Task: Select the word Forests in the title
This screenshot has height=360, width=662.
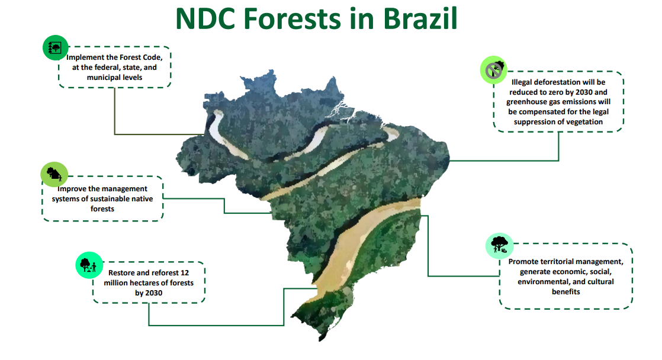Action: click(292, 19)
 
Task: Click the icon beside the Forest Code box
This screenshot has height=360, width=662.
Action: click(55, 48)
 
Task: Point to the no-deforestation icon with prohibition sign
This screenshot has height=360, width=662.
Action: click(494, 70)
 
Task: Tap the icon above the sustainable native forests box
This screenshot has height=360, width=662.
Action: click(54, 174)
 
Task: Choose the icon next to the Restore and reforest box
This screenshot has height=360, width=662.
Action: click(89, 265)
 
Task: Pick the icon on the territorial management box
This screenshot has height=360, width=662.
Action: click(499, 246)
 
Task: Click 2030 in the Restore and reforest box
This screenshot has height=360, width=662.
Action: click(155, 293)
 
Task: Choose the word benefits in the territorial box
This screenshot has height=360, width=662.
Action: click(565, 292)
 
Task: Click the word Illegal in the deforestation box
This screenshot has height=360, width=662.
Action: click(523, 82)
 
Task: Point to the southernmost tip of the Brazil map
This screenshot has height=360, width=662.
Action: click(322, 340)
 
